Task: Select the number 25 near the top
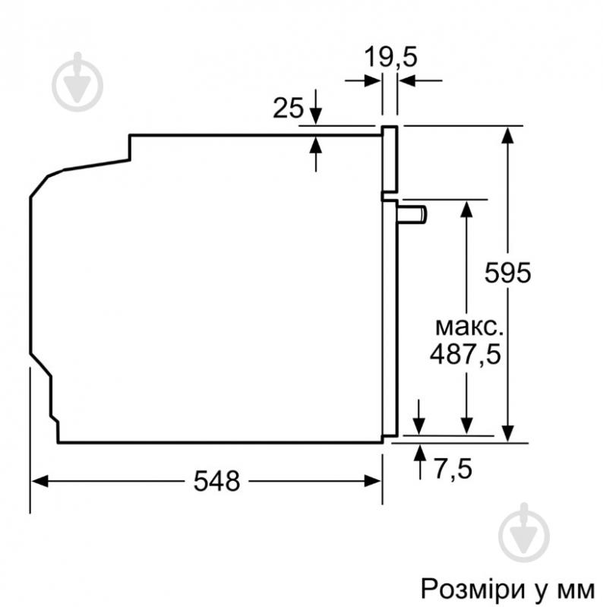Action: point(288,109)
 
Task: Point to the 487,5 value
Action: point(466,354)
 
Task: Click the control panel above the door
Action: point(389,158)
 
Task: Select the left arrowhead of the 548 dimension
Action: point(39,481)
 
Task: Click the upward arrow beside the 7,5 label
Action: point(419,454)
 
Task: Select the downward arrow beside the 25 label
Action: point(316,115)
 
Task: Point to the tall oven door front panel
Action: point(389,319)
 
